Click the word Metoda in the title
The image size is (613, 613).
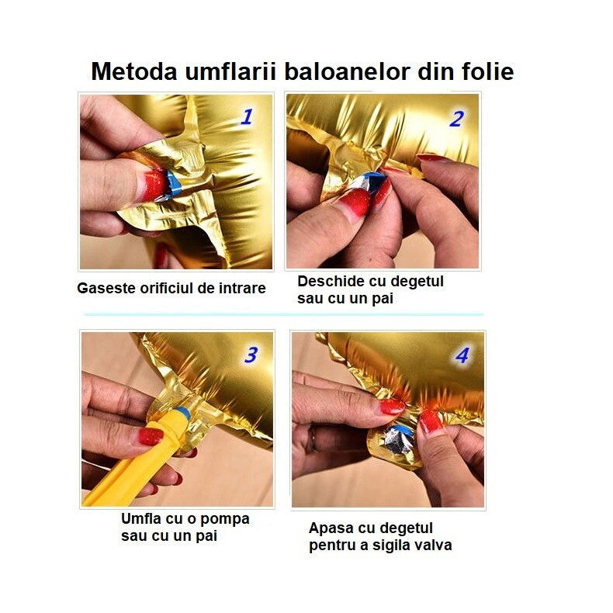[x=133, y=71]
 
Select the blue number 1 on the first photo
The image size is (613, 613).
[x=246, y=117]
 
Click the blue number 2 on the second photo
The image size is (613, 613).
[x=456, y=119]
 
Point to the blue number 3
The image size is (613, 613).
[x=251, y=355]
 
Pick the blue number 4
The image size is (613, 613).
[x=462, y=356]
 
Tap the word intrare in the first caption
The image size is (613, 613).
[x=240, y=289]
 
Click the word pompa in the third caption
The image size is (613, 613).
[x=227, y=519]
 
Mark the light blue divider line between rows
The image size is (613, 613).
[x=283, y=314]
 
